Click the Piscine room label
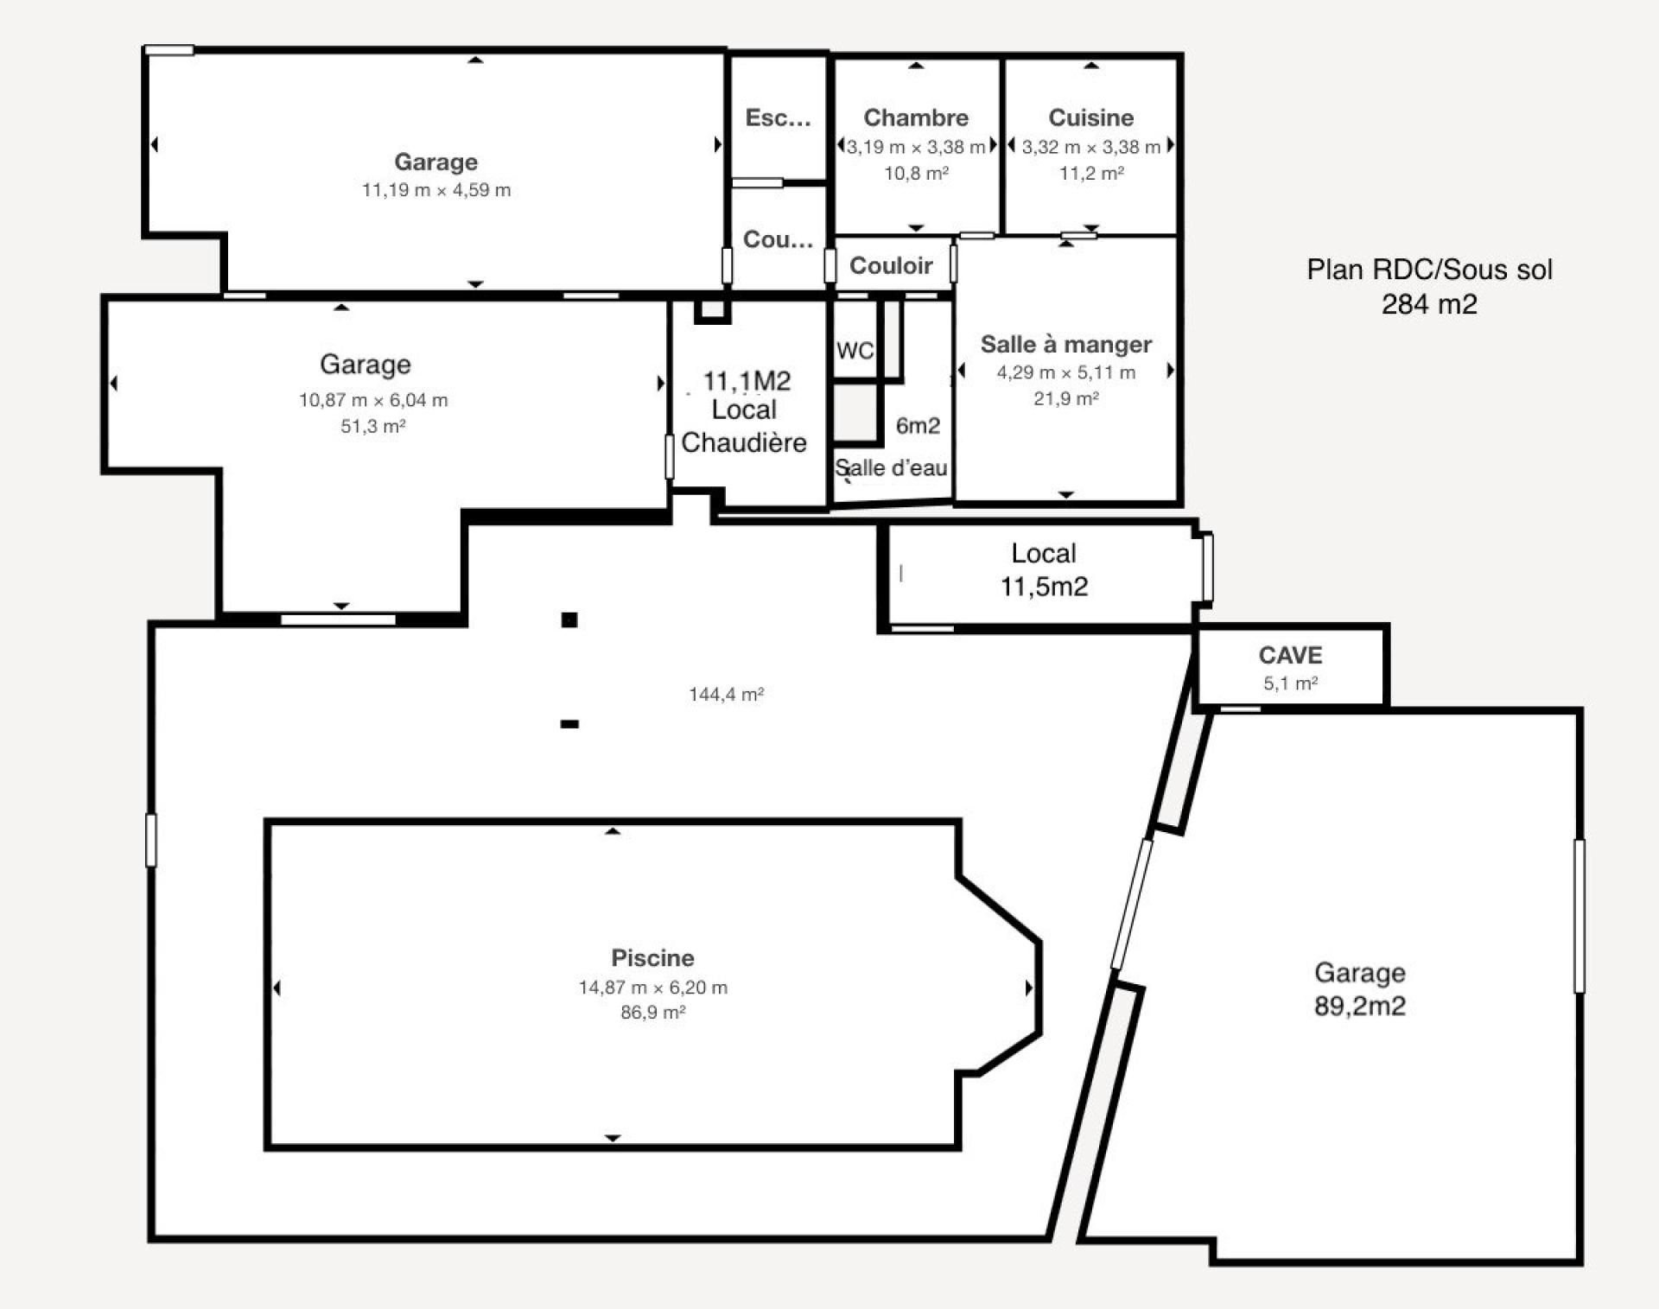[x=652, y=957]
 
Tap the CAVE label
[x=1290, y=655]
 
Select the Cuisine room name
[x=1090, y=118]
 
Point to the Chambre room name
[x=916, y=118]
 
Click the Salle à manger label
[x=1065, y=344]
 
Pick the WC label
[x=855, y=351]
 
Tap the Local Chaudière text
[x=744, y=426]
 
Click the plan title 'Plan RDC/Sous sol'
[x=1429, y=270]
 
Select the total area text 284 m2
[x=1429, y=304]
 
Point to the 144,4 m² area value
[x=726, y=694]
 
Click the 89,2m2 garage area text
[x=1359, y=1006]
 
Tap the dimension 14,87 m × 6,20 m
[x=652, y=987]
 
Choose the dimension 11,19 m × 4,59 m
[x=435, y=190]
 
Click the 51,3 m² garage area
[x=372, y=426]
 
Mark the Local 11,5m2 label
[x=1044, y=570]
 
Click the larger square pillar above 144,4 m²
[x=569, y=620]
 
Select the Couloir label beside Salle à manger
[x=891, y=265]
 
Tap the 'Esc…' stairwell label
[x=778, y=118]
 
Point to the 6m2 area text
[x=918, y=425]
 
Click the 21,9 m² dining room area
[x=1065, y=398]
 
